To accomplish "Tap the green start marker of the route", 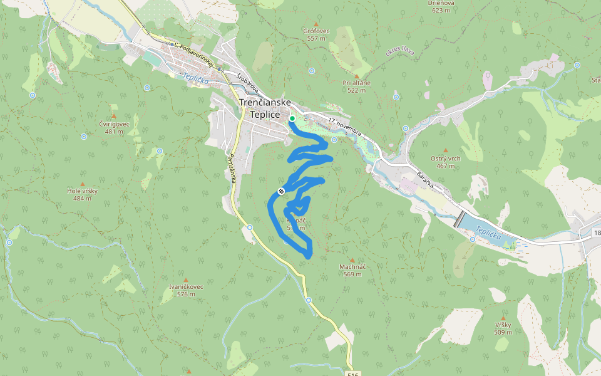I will tap(292, 118).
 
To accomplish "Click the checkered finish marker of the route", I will tap(282, 191).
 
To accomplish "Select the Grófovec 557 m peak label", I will tap(316, 34).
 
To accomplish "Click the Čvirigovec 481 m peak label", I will tap(114, 127).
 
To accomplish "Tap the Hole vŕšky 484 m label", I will tap(80, 194).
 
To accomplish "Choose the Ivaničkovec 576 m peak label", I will tap(186, 290).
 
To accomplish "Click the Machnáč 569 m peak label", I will tap(352, 270).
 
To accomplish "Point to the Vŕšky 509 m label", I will tap(503, 328).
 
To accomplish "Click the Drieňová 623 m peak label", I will tap(441, 6).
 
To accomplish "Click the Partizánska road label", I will tap(232, 168).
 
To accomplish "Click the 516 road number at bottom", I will tap(353, 374).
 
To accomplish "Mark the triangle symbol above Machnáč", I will tap(352, 260).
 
